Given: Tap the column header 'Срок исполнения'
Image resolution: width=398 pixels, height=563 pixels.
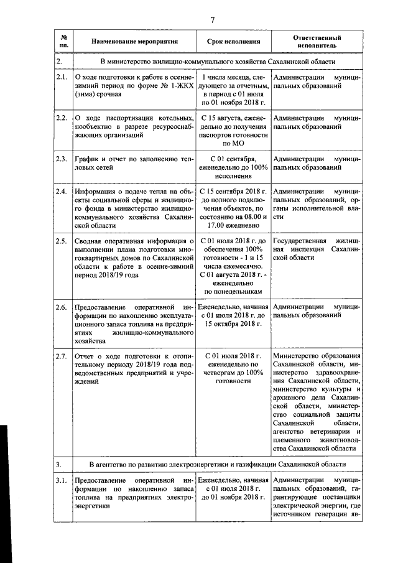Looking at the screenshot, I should point(233,42).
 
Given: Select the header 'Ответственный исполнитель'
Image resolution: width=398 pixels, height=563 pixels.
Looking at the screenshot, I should point(317,42).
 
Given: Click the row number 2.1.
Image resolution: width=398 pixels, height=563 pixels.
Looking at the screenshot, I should point(62,77).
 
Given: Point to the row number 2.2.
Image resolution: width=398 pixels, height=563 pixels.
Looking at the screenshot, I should point(62,118).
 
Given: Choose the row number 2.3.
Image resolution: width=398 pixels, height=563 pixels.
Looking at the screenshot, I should point(62,159).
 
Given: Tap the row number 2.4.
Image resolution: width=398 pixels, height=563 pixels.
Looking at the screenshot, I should point(62,191).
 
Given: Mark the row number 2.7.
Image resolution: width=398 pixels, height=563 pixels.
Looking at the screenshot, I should point(62,356).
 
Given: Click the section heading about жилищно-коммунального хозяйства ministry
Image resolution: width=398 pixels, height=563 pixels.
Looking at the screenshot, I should point(218,62).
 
